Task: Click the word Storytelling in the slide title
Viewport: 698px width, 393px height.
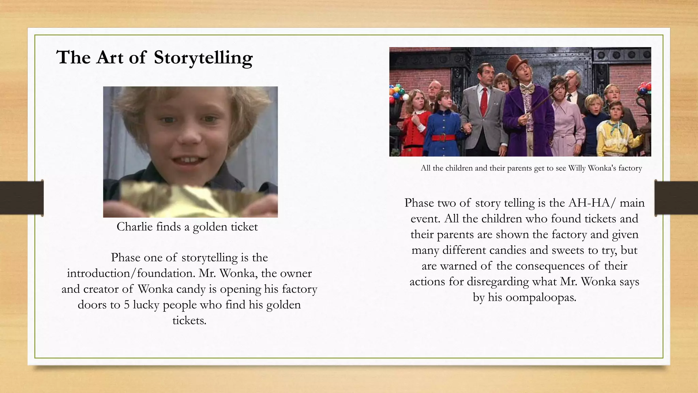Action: coord(203,57)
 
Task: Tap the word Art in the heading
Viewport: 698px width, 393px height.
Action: coord(109,57)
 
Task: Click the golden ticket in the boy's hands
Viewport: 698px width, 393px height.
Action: coord(191,201)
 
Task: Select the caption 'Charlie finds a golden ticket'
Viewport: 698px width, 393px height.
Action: coord(187,227)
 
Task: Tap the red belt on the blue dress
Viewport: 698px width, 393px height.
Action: coord(443,137)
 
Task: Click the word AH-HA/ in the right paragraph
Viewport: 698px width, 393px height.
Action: coord(592,203)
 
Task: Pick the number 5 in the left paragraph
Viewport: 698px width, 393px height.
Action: coord(127,305)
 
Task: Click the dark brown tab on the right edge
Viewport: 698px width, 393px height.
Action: coord(676,198)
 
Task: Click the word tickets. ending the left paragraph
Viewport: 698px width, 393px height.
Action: coord(189,320)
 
